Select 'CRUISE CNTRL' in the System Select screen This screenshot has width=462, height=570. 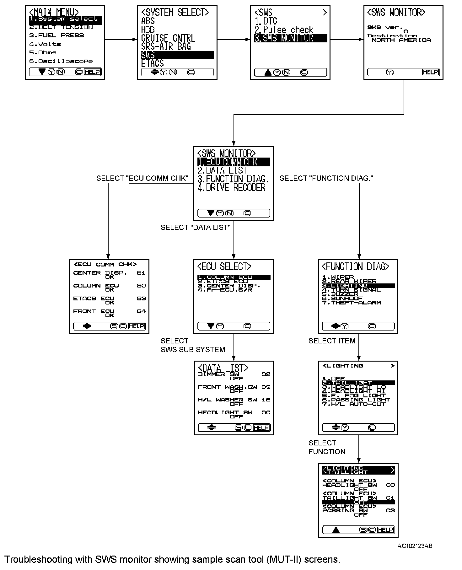168,38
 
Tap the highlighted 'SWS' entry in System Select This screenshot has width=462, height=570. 177,55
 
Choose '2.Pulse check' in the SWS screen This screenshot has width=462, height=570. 284,30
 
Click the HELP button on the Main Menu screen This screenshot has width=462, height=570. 92,72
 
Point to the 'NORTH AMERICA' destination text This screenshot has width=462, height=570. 401,40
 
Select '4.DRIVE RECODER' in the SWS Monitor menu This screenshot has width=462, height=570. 232,188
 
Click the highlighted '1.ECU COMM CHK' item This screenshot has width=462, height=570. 234,162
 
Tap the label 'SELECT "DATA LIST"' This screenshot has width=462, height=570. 196,228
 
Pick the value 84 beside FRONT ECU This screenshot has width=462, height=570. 141,311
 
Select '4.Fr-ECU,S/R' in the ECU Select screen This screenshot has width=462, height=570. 225,290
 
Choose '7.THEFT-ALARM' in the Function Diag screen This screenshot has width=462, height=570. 352,303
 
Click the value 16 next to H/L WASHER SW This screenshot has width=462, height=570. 266,400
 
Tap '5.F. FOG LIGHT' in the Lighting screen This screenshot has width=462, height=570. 354,395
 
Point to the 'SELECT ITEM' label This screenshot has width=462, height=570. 332,341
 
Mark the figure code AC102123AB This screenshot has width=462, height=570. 415,546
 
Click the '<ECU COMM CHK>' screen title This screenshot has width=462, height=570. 105,265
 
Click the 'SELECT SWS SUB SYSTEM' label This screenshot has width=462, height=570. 192,345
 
